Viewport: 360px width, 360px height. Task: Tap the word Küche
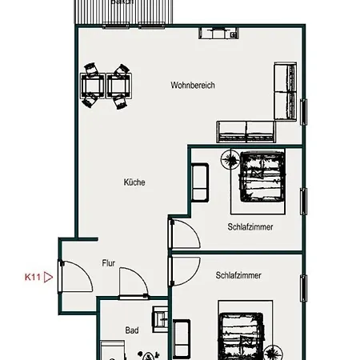[x=134, y=182]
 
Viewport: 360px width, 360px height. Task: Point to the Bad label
[x=132, y=330]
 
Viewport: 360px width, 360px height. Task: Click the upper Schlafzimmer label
[x=250, y=227]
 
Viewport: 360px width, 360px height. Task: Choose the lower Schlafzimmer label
[x=238, y=275]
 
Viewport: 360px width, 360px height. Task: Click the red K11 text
[x=33, y=278]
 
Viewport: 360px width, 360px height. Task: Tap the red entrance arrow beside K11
[x=48, y=278]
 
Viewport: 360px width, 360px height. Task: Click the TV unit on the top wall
[x=215, y=34]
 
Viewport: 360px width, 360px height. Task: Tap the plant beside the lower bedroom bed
[x=276, y=352]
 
